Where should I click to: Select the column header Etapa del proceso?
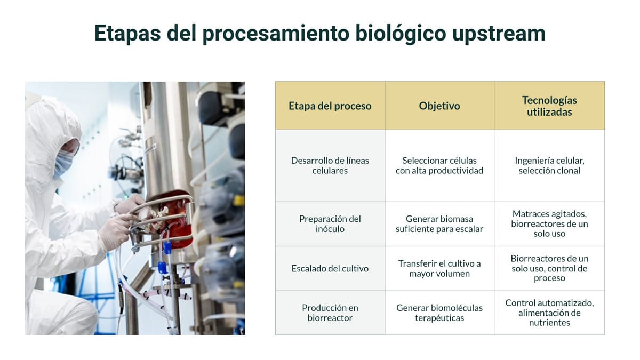tap(330, 106)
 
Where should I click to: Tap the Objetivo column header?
tap(439, 106)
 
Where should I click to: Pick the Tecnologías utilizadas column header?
tap(549, 106)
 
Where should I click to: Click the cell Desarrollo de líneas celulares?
tap(330, 165)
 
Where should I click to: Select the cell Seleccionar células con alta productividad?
tap(439, 165)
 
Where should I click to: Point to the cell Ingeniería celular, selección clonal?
tap(549, 165)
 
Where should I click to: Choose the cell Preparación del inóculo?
tap(330, 223)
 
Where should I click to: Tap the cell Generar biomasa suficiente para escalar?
tap(439, 223)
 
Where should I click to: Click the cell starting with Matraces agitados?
tap(549, 223)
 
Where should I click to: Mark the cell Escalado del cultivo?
tap(330, 268)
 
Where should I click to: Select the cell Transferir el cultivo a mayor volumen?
tap(439, 268)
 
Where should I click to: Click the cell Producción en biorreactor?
tap(330, 313)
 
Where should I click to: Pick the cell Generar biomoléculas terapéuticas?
tap(439, 313)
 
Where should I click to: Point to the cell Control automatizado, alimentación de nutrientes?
tap(549, 313)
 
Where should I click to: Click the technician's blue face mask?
tap(63, 162)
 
